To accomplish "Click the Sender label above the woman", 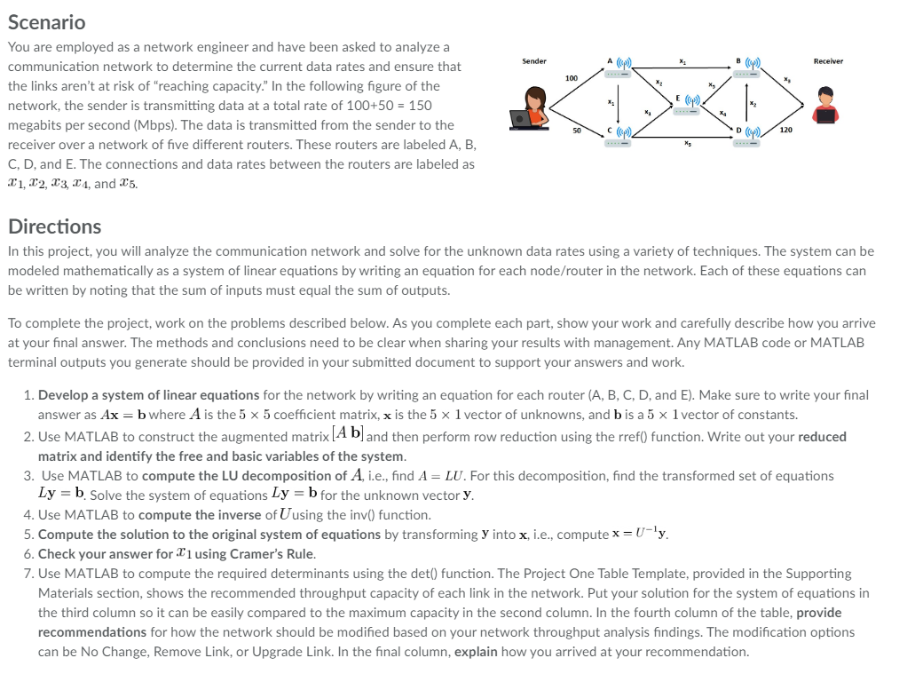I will [534, 61].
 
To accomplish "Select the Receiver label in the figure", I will [828, 61].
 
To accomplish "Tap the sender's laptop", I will [522, 117].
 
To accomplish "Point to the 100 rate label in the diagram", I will [572, 79].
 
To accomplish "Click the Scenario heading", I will [46, 22].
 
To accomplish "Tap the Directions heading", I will [54, 226].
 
